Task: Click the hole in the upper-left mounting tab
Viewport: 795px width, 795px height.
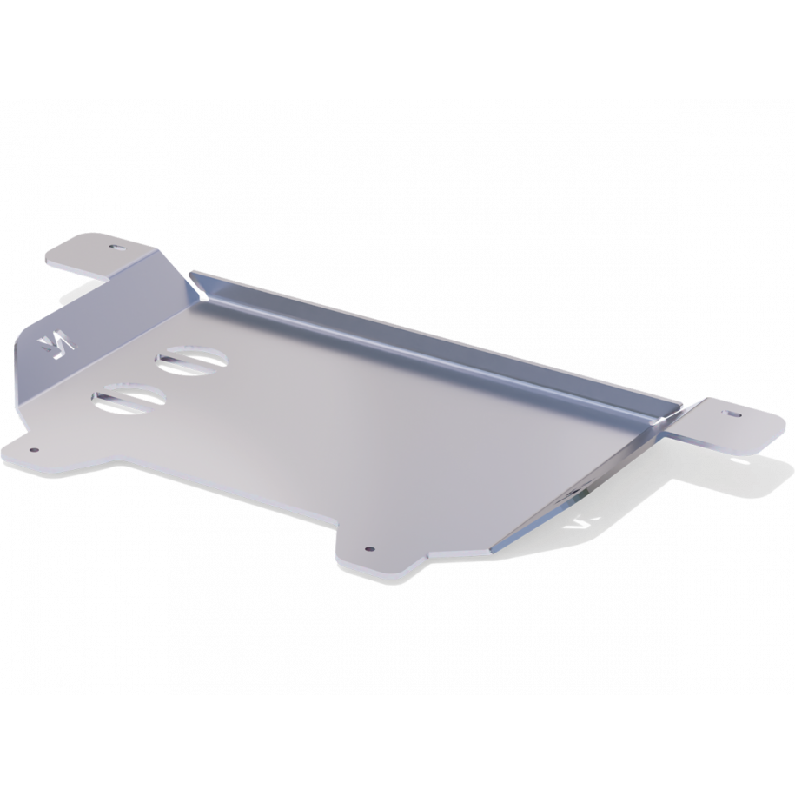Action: click(112, 248)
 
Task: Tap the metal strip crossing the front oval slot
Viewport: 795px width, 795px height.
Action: click(128, 399)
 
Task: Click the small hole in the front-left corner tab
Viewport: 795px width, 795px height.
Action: click(34, 451)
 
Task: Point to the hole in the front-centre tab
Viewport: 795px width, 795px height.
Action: click(369, 549)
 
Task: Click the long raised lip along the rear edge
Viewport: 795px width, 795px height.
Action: click(434, 339)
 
